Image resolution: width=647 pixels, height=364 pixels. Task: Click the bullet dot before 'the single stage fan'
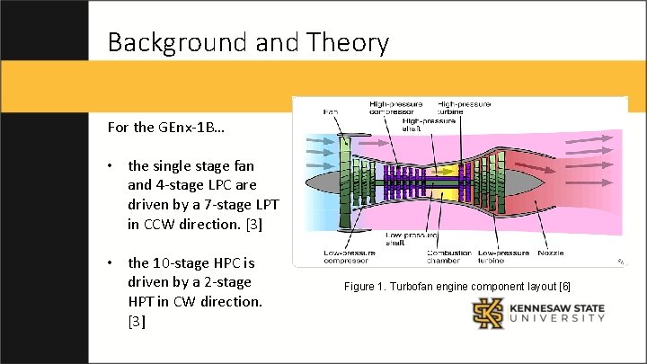(x=108, y=165)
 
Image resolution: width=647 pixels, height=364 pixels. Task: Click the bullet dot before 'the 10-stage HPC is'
(x=108, y=262)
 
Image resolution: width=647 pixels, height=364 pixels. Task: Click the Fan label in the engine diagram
(x=332, y=111)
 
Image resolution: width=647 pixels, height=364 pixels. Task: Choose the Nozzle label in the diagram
(x=551, y=253)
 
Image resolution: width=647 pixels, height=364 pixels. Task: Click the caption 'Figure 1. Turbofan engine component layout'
(x=456, y=287)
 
